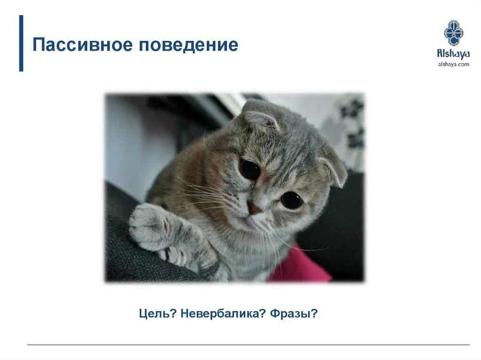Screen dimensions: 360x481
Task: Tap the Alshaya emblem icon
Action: pos(453,33)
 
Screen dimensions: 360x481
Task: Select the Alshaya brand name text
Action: pos(453,54)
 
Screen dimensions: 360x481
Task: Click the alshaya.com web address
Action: pos(453,64)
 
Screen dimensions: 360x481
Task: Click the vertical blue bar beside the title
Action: pos(21,43)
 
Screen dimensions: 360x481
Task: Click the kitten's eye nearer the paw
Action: pos(249,169)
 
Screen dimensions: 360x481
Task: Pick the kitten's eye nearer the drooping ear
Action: pos(291,200)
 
